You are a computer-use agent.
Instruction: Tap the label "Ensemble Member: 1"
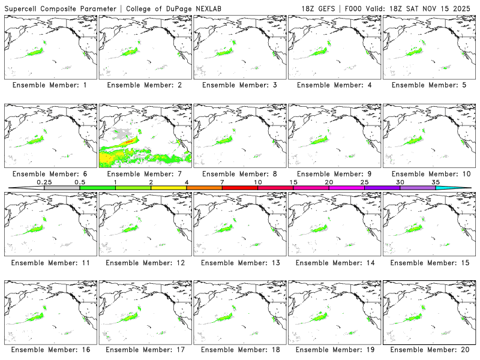(50, 85)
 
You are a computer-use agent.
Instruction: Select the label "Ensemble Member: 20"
(428, 349)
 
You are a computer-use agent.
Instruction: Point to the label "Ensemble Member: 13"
(239, 263)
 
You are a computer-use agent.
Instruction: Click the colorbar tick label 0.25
(44, 182)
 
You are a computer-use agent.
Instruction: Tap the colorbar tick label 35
(436, 182)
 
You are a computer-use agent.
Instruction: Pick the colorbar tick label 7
(222, 182)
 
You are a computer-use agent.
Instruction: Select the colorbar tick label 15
(293, 182)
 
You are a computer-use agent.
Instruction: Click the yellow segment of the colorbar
(169, 188)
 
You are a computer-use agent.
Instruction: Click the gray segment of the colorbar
(62, 188)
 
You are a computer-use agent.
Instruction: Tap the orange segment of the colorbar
(204, 188)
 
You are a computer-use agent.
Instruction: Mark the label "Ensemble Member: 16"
(50, 349)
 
